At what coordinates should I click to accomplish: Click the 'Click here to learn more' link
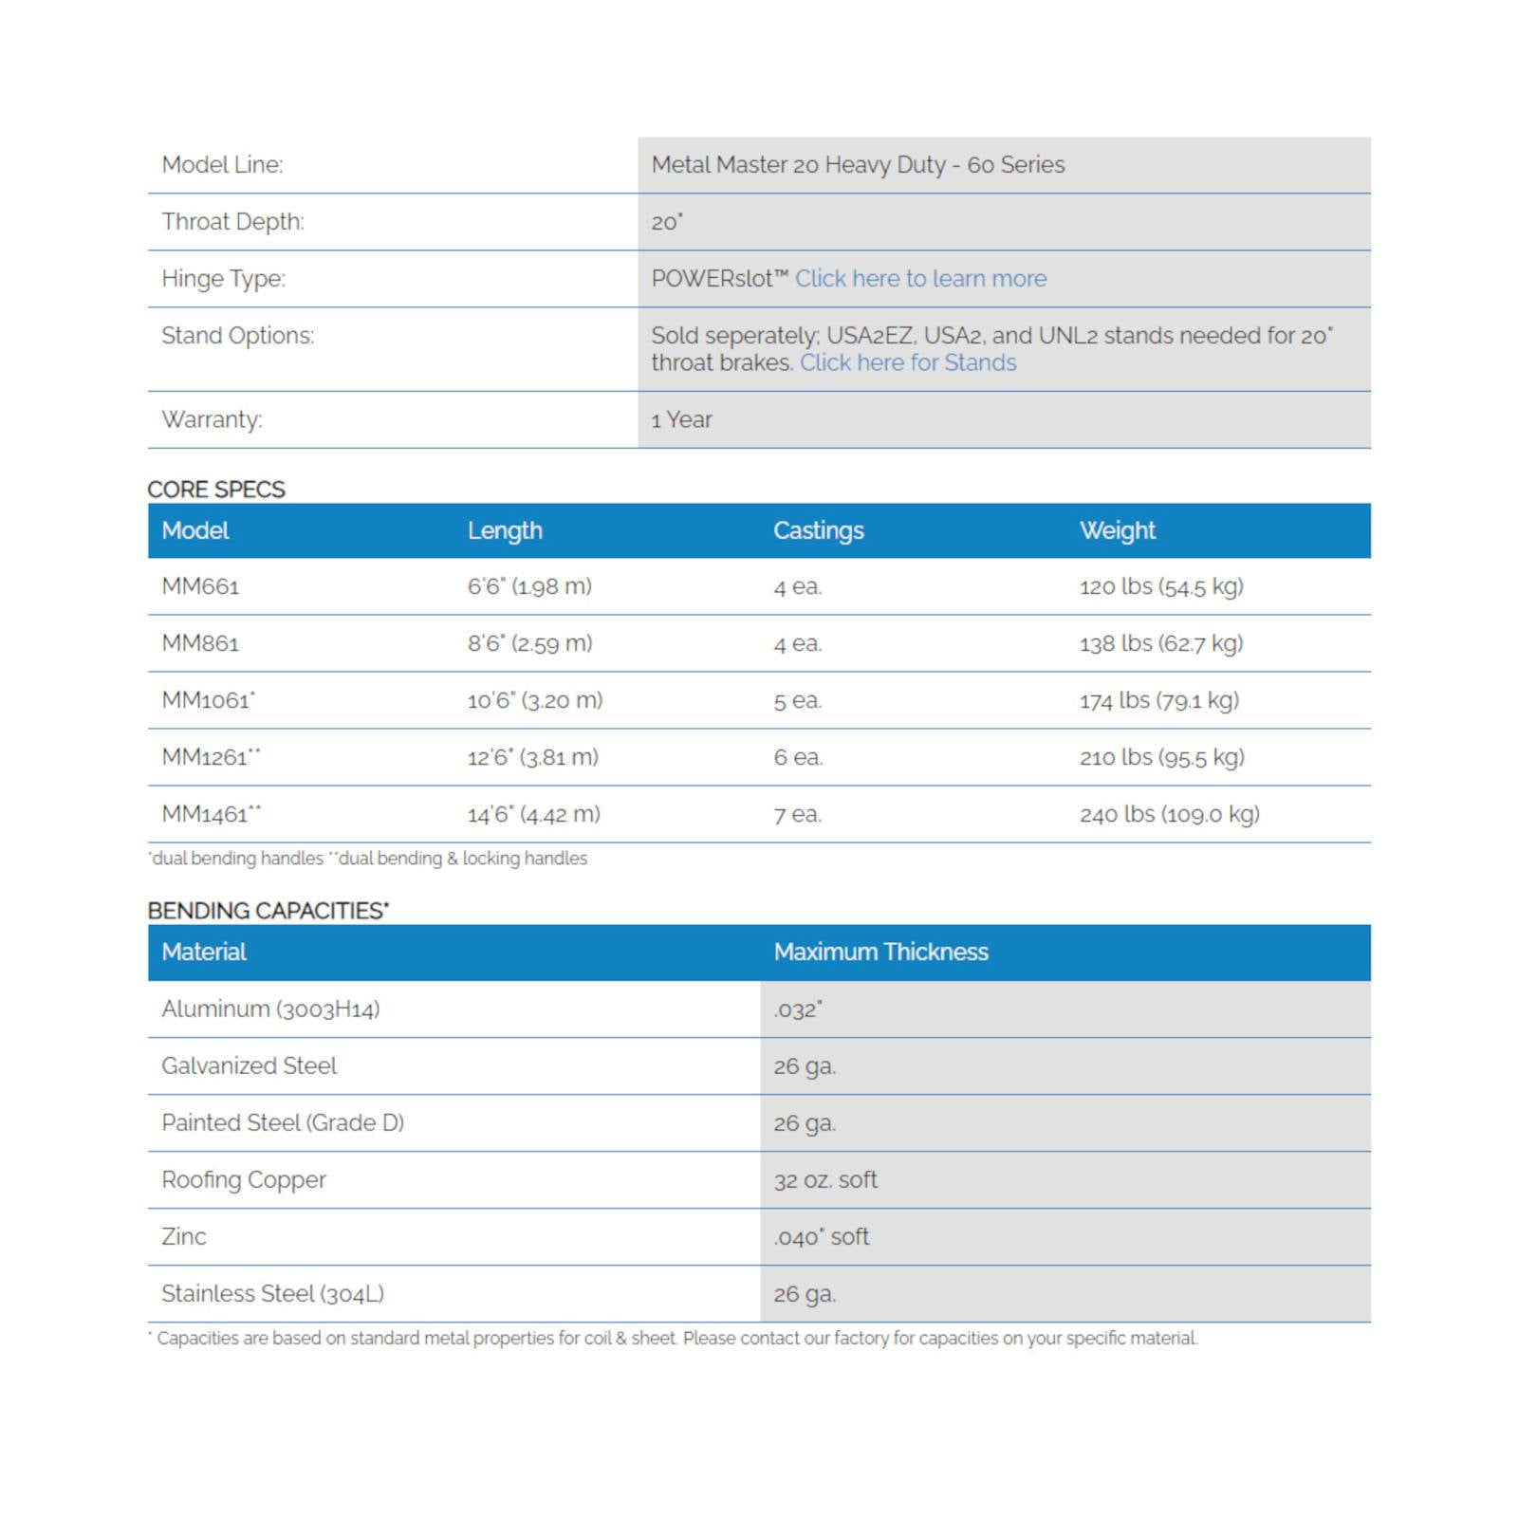coord(920,279)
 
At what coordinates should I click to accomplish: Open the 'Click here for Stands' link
coord(908,363)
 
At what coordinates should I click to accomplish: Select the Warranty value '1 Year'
coord(681,420)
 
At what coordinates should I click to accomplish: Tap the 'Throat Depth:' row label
coord(232,222)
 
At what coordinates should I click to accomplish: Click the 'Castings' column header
coord(818,530)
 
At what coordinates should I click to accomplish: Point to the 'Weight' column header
coord(1117,530)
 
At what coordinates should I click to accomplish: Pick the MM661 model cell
coord(200,586)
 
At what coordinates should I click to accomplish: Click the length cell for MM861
coord(529,643)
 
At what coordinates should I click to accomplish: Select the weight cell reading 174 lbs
coord(1158,700)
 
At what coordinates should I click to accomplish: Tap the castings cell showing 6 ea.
coord(798,757)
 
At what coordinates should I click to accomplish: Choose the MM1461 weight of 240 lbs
coord(1169,814)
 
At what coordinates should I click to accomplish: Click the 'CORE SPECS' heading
coord(216,490)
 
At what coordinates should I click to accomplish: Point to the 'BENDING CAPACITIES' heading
coord(268,911)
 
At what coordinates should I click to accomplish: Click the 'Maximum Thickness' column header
coord(880,952)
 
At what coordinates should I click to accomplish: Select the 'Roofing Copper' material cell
coord(244,1179)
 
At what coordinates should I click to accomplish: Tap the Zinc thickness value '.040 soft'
coord(821,1236)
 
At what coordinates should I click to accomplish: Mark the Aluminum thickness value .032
coord(797,1009)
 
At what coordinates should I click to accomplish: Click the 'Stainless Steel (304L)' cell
coord(272,1293)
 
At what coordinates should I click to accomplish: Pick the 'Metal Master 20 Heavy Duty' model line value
coord(858,165)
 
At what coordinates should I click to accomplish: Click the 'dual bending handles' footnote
coord(237,859)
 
